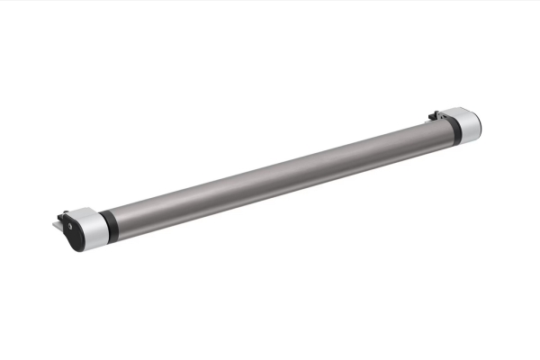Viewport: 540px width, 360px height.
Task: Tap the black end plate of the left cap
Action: click(x=69, y=232)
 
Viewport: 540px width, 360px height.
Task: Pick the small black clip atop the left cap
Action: click(x=63, y=217)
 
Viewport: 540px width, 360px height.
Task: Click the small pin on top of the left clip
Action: click(x=61, y=213)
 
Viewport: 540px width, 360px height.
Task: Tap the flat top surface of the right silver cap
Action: click(x=463, y=112)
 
